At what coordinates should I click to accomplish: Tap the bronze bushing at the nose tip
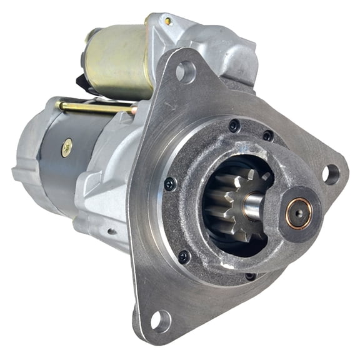click(299, 212)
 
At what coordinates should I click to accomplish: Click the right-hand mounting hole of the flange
click(331, 174)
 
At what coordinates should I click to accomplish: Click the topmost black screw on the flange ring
click(234, 126)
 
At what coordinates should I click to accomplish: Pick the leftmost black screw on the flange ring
click(169, 183)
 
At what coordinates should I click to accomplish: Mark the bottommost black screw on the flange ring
click(250, 276)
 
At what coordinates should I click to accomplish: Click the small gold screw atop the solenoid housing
click(168, 21)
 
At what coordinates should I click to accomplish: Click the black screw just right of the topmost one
click(267, 135)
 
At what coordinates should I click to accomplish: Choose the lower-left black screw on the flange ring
click(184, 256)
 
